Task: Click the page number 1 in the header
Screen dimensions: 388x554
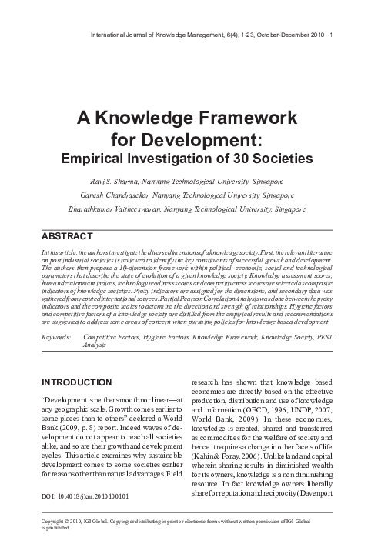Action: coord(330,36)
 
